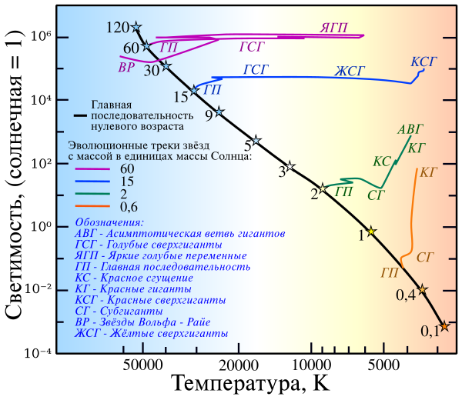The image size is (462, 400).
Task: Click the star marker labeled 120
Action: [x=136, y=27]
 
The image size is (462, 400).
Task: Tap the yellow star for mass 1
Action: [x=372, y=232]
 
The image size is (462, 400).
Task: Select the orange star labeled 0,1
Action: [x=444, y=326]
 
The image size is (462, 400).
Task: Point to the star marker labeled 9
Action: [x=219, y=112]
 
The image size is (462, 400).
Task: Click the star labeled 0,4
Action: [x=422, y=289]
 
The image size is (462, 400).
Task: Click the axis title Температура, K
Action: [x=251, y=384]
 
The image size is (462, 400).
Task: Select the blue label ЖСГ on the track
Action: [x=348, y=72]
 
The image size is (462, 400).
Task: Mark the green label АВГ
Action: [x=410, y=130]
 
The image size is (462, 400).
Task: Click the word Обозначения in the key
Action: [x=105, y=222]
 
